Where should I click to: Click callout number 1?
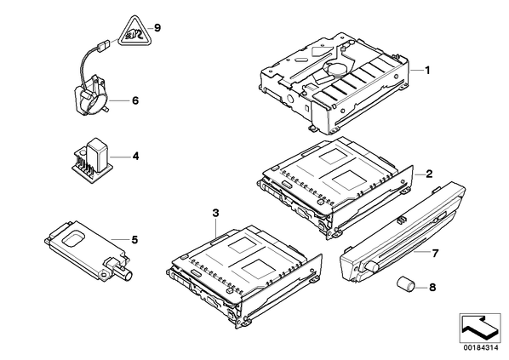point(427,70)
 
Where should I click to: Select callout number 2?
point(429,174)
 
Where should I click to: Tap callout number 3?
point(216,214)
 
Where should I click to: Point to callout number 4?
point(135,157)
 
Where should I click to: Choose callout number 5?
point(134,240)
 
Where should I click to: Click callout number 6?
point(135,100)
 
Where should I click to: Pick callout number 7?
point(435,253)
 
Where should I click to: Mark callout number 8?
point(432,288)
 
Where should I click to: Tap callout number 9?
point(157,28)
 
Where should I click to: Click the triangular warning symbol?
point(134,32)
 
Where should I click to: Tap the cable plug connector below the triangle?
point(103,45)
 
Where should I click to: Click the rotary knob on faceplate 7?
point(372,266)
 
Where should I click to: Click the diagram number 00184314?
point(480,348)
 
